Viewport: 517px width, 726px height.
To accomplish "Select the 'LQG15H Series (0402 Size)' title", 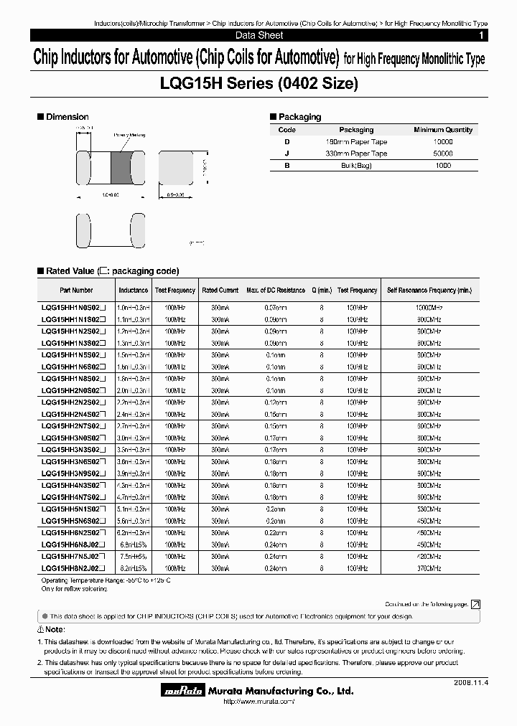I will click(x=258, y=84).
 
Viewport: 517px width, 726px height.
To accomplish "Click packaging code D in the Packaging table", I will click(x=287, y=142).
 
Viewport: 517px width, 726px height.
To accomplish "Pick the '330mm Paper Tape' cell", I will click(x=356, y=154).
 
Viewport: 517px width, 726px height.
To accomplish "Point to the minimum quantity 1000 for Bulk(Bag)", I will click(x=443, y=166).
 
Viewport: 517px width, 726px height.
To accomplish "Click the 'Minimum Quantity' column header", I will click(x=443, y=130).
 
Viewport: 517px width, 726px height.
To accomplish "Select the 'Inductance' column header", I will click(x=134, y=291).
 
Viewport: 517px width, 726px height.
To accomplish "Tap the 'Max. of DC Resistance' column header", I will click(x=276, y=291).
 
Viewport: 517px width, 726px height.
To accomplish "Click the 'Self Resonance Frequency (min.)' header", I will click(x=429, y=291).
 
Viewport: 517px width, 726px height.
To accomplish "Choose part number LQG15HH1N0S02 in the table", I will click(x=74, y=308).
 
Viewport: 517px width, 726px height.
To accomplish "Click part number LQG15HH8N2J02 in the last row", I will click(x=74, y=567).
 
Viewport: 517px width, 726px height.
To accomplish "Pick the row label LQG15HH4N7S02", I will click(x=74, y=496).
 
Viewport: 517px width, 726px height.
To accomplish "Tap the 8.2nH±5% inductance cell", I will click(x=134, y=567).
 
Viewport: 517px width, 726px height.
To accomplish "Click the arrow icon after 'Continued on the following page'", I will click(x=475, y=605).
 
